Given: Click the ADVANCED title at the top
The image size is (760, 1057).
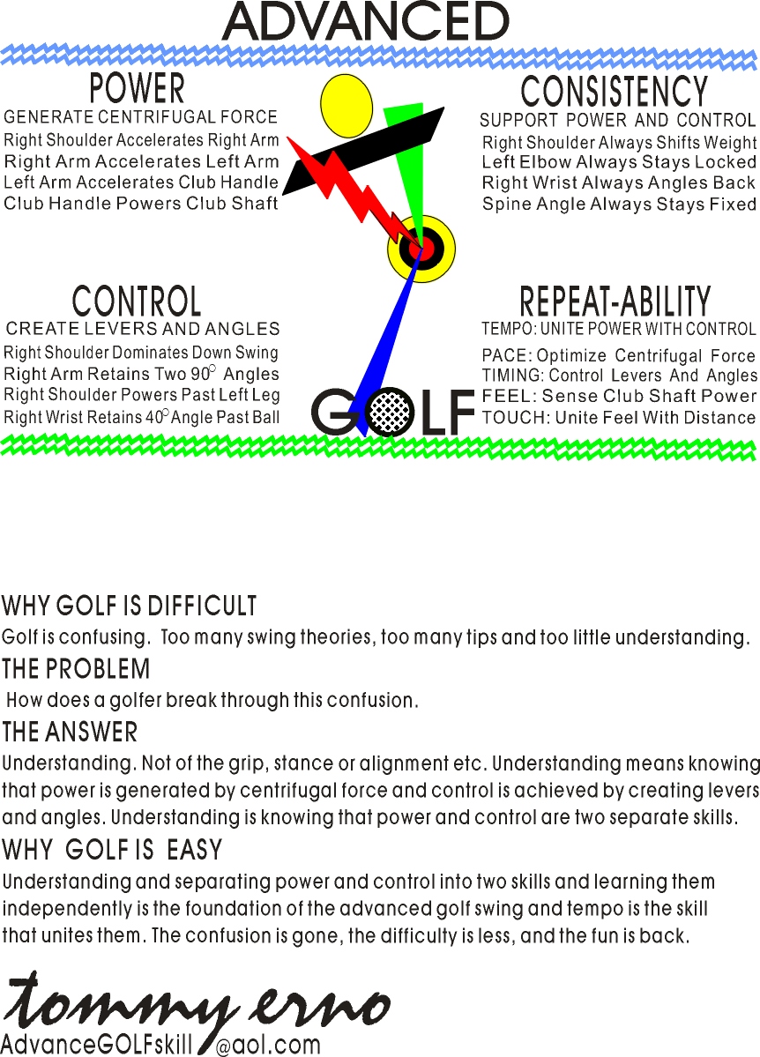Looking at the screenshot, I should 365,21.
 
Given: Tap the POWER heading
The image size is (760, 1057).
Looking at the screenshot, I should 138,89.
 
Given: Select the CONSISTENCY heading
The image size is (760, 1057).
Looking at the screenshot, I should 614,92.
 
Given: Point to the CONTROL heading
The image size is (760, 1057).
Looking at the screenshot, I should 137,301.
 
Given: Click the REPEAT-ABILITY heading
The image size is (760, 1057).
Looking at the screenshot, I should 615,301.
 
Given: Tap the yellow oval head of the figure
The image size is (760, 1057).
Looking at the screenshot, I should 346,107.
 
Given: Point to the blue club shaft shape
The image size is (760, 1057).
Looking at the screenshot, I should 386,344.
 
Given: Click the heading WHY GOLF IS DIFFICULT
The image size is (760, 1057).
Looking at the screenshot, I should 130,607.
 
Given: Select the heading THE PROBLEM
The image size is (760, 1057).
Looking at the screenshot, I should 77,669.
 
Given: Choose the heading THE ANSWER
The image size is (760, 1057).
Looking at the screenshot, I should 71,732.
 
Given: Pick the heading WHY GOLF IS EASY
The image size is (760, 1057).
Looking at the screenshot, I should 112,851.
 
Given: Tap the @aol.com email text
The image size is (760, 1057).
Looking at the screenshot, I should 268,1046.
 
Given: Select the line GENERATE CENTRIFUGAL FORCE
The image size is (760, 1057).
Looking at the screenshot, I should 141,117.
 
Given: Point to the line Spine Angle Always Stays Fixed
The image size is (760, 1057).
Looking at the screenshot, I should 619,205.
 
